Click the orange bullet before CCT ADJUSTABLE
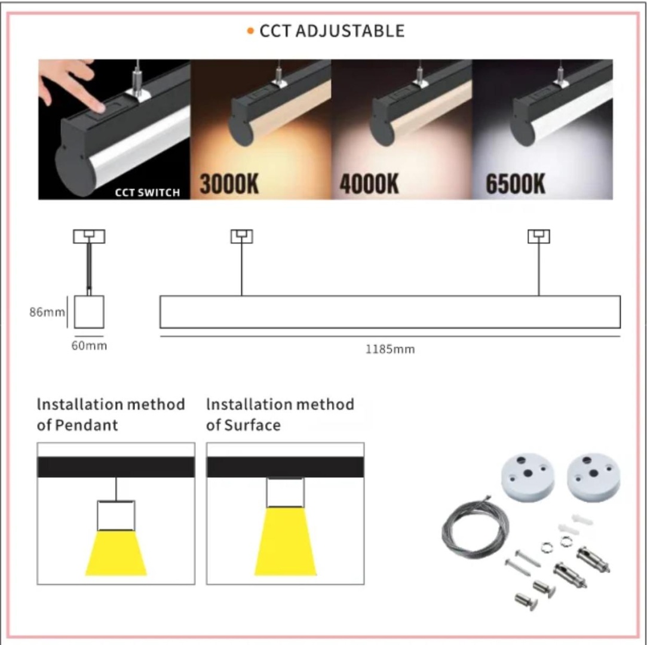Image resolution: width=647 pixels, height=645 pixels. click(x=250, y=31)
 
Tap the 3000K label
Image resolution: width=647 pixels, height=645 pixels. click(x=229, y=184)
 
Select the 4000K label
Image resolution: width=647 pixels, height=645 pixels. click(x=369, y=184)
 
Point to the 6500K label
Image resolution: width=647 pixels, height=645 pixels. click(x=516, y=184)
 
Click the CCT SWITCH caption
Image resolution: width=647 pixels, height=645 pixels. click(x=148, y=192)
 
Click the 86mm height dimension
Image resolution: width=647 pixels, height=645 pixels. click(x=47, y=312)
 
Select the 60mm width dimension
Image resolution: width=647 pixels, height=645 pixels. click(x=89, y=346)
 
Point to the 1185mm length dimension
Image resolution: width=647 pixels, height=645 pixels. click(x=390, y=349)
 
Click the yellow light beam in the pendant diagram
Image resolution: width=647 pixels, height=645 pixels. click(x=116, y=553)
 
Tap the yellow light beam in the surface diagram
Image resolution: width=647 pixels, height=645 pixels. click(x=286, y=542)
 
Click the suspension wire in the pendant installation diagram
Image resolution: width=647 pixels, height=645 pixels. click(x=116, y=489)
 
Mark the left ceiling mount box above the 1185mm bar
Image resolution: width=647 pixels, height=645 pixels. click(x=242, y=236)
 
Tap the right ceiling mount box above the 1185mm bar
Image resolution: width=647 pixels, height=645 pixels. click(x=539, y=236)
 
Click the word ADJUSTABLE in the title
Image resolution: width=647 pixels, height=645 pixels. click(x=350, y=31)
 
